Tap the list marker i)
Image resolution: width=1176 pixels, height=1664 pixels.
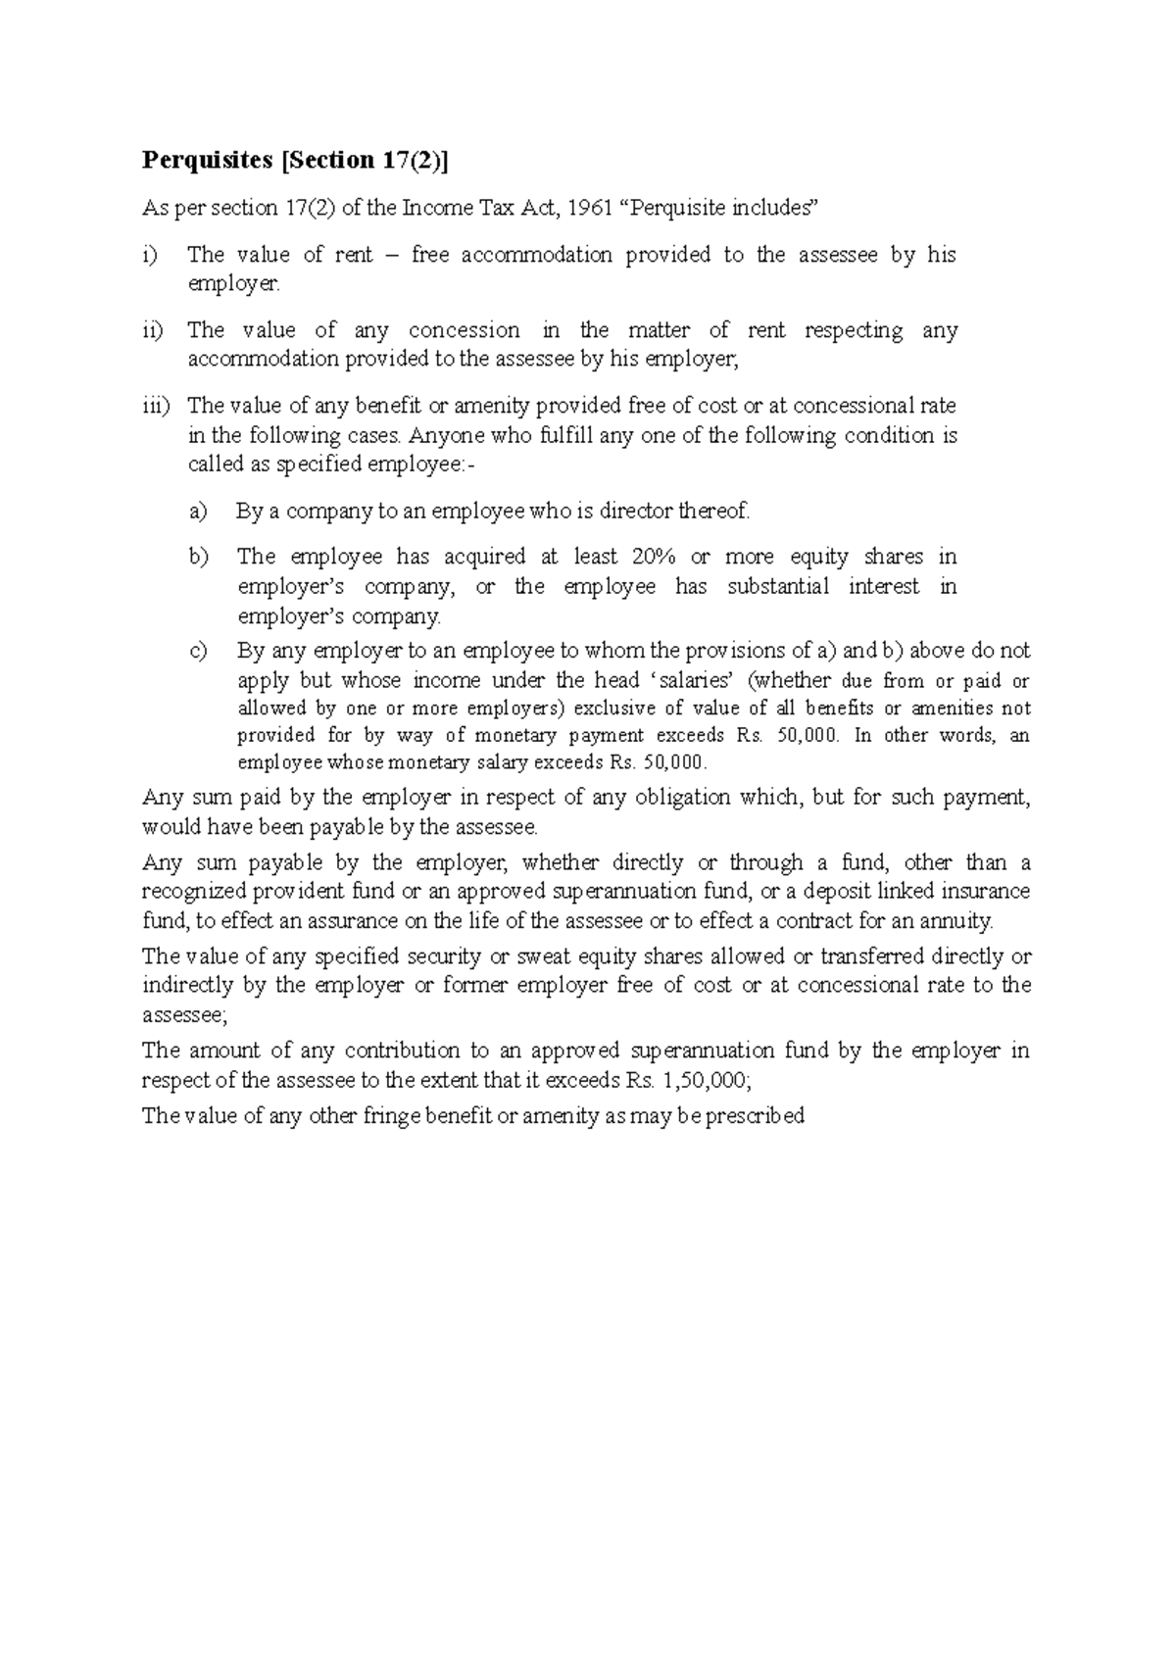tap(148, 255)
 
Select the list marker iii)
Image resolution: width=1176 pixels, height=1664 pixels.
tap(155, 406)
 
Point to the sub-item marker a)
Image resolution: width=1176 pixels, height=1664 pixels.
tap(198, 511)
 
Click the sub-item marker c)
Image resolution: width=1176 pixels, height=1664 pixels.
tap(198, 651)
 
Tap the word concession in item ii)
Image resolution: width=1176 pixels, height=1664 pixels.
tap(464, 330)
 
